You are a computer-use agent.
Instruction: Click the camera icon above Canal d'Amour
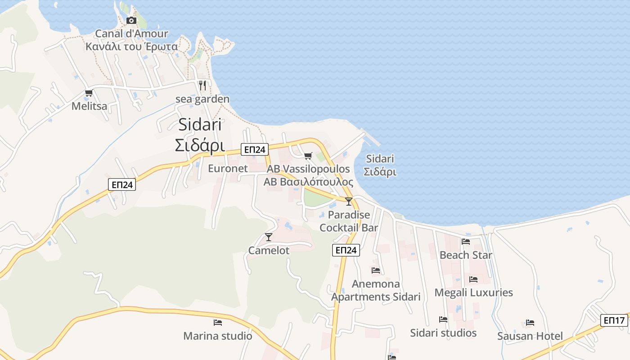coord(131,20)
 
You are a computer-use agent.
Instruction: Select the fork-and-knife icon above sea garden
coord(202,85)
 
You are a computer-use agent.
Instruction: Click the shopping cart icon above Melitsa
coord(89,93)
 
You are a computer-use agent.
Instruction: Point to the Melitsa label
coord(90,106)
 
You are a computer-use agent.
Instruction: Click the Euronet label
coord(228,168)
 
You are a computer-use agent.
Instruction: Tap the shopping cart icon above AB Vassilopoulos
coord(308,156)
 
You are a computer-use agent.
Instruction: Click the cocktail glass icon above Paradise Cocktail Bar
coord(349,201)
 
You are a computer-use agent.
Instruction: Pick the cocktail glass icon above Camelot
coord(269,237)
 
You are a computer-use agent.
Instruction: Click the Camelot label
coord(269,250)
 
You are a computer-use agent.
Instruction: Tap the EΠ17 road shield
coord(614,320)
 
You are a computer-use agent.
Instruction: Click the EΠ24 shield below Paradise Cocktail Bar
coord(346,250)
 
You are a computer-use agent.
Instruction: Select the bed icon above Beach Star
coord(466,242)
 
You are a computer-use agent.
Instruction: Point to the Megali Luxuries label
coord(473,292)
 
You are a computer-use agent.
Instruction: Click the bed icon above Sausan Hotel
coord(530,323)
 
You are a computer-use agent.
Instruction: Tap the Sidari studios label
coord(443,333)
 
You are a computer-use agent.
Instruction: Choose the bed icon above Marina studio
coord(218,322)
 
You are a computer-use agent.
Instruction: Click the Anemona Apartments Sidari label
coord(376,290)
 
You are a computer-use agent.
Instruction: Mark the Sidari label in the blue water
coord(380,165)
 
